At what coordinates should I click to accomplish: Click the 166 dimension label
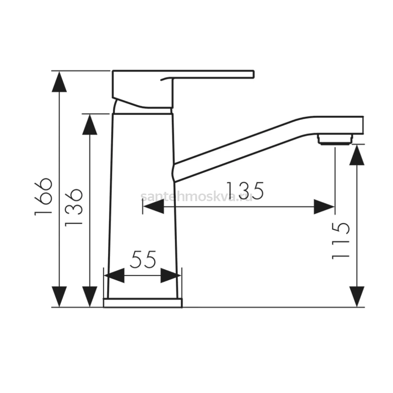[43, 197]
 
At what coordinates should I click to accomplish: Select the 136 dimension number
[74, 207]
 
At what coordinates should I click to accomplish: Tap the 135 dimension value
[245, 191]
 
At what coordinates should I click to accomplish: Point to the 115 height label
[341, 241]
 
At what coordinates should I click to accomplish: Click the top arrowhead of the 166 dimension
[59, 82]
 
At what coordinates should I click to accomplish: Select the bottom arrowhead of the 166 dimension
[59, 296]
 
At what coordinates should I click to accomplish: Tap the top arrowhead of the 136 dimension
[90, 124]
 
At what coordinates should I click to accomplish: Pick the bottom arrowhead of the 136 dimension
[90, 296]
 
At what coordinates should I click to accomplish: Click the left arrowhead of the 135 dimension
[154, 207]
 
